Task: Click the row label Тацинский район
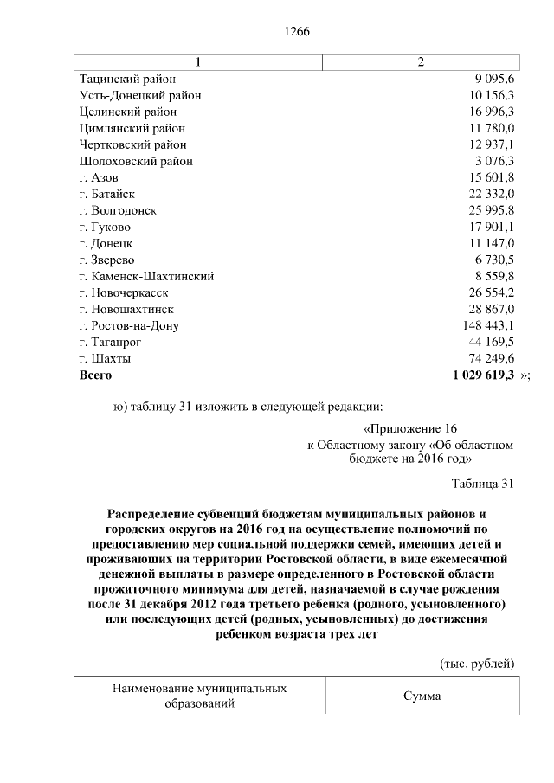point(128,79)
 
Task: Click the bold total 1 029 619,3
point(483,375)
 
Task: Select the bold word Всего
point(95,375)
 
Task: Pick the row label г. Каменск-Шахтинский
point(146,276)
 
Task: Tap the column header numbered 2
point(421,61)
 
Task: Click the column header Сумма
point(422,696)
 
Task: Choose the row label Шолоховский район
point(136,161)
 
